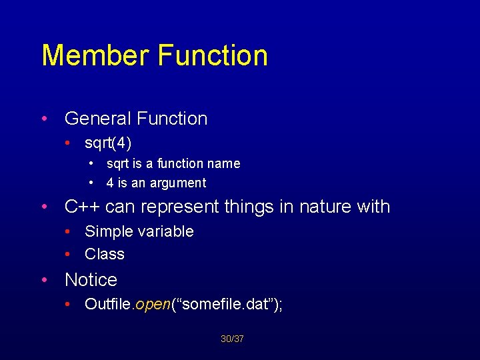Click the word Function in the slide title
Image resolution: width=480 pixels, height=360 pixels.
point(213,55)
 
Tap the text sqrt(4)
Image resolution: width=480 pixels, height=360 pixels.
point(108,143)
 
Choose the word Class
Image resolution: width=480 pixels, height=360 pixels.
point(105,254)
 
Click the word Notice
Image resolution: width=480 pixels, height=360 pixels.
point(91,280)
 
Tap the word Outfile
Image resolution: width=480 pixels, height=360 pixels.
point(109,305)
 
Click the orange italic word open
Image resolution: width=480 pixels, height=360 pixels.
point(153,305)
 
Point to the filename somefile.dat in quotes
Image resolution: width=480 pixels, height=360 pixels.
point(224,305)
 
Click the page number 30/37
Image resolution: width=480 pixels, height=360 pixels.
point(232,339)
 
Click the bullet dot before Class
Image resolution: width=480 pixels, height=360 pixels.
point(69,254)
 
